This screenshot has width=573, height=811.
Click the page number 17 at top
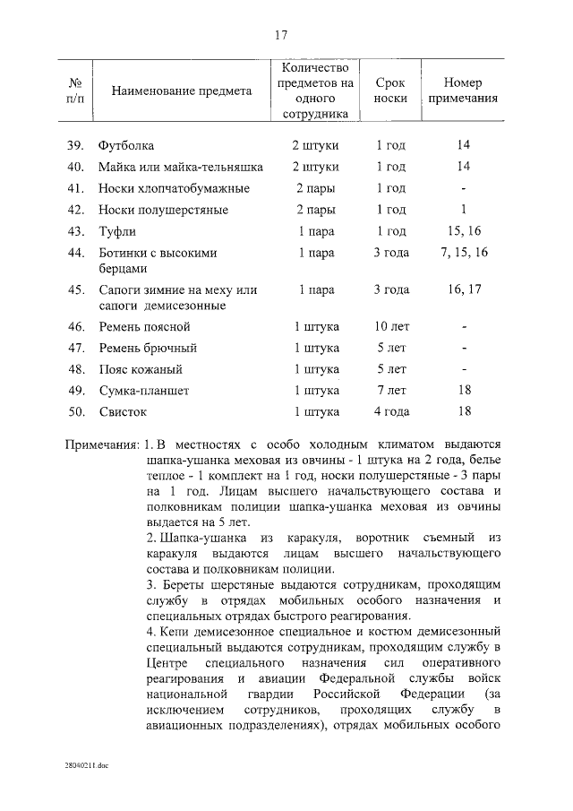point(280,35)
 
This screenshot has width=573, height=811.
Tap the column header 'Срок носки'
point(390,91)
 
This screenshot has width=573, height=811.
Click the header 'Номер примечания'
point(463,91)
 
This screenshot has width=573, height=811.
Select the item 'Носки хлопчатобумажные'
point(174,188)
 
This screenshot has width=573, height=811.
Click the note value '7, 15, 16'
point(464,253)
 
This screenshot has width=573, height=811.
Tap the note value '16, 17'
point(464,289)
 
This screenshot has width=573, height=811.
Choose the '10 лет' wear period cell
point(390,327)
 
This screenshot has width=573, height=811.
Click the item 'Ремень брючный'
point(148,348)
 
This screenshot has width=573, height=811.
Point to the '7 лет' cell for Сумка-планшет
point(390,391)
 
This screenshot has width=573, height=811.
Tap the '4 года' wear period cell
point(390,412)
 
